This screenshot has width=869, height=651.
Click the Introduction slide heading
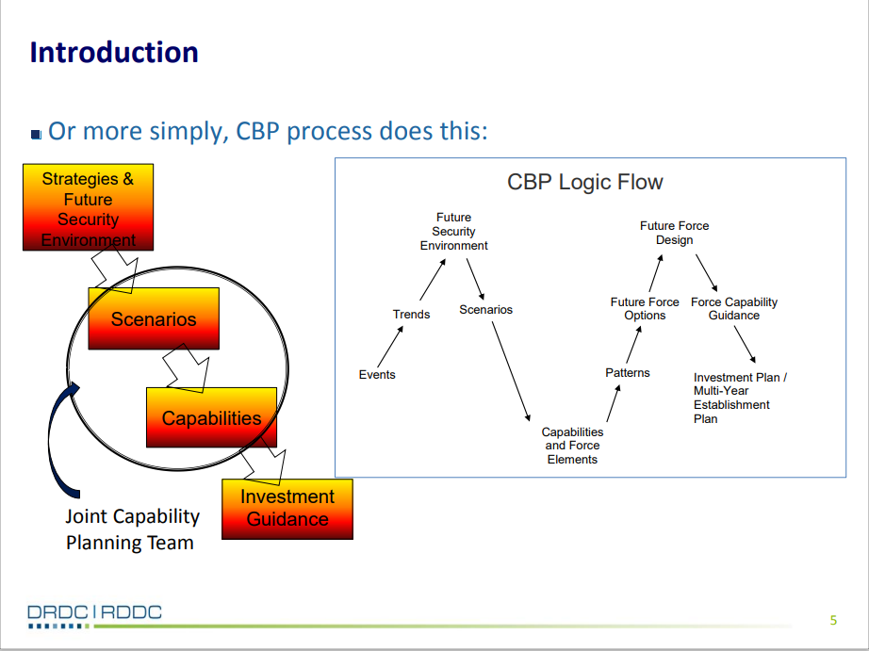pyautogui.click(x=114, y=53)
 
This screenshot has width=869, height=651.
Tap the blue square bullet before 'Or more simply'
pyautogui.click(x=36, y=135)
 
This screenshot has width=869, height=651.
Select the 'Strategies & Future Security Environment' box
pyautogui.click(x=88, y=207)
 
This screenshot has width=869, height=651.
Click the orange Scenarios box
pyautogui.click(x=154, y=318)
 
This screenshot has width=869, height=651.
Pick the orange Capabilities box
pyautogui.click(x=211, y=417)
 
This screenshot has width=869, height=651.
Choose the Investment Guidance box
pyautogui.click(x=287, y=509)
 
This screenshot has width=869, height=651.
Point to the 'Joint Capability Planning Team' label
pyautogui.click(x=132, y=529)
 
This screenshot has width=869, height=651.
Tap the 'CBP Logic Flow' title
pyautogui.click(x=584, y=182)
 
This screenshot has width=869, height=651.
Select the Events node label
pyautogui.click(x=377, y=375)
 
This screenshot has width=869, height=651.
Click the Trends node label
pyautogui.click(x=411, y=314)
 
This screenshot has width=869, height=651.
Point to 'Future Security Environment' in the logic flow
pyautogui.click(x=453, y=232)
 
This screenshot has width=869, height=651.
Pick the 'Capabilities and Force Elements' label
pyautogui.click(x=572, y=446)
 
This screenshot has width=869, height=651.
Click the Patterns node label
pyautogui.click(x=628, y=373)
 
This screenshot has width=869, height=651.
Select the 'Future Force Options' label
pyautogui.click(x=645, y=309)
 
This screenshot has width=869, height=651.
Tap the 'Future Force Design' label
pyautogui.click(x=674, y=233)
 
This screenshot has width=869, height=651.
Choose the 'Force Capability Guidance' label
pyautogui.click(x=734, y=309)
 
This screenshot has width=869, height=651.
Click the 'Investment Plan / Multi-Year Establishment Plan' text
pyautogui.click(x=740, y=398)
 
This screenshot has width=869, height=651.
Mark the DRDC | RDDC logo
pyautogui.click(x=95, y=615)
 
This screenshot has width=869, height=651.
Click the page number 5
pyautogui.click(x=833, y=620)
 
